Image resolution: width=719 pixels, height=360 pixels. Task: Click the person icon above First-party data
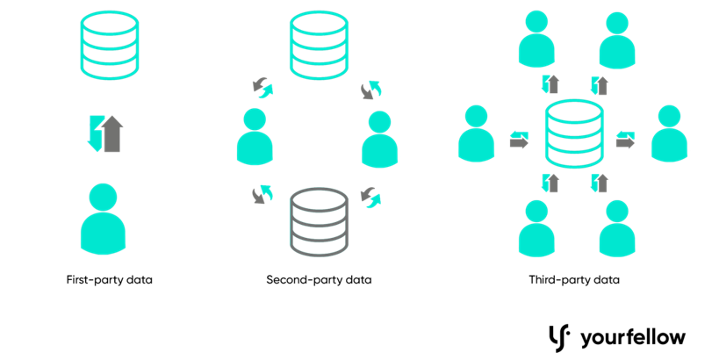pos(103,219)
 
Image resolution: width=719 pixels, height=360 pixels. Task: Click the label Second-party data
pos(319,280)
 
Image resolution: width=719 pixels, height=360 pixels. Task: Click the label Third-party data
pos(574,280)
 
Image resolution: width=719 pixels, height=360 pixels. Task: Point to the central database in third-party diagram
pos(574,134)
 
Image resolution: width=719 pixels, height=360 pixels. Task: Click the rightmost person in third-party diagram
pos(670,133)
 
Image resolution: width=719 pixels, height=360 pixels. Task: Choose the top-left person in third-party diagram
pos(536,37)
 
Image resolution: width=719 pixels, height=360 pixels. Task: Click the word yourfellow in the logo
pos(632,336)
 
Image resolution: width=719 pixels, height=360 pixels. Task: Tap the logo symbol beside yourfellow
pos(558,335)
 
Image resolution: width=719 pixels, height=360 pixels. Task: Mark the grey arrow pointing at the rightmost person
pos(624,142)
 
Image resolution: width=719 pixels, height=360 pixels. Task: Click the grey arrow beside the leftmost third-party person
pos(519,142)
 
